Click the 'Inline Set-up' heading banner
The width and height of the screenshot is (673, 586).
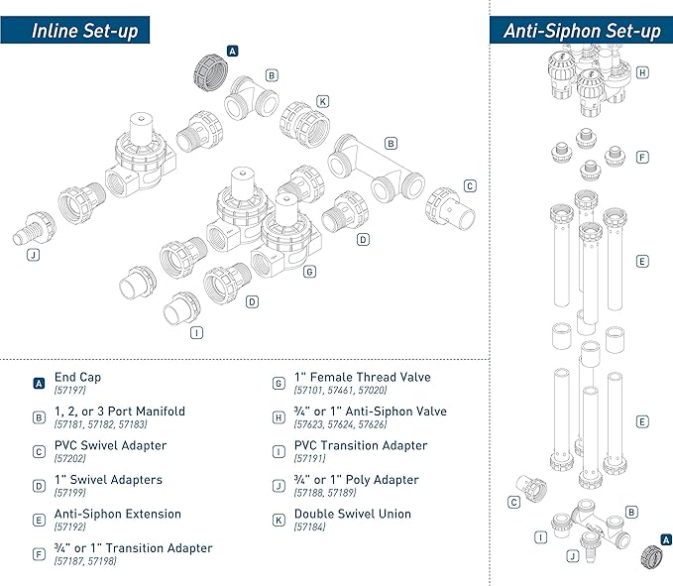(x=84, y=30)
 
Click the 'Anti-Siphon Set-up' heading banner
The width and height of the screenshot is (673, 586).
(x=582, y=30)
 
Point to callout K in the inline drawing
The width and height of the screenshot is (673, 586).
(x=322, y=101)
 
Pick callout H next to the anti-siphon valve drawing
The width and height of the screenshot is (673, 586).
(x=642, y=72)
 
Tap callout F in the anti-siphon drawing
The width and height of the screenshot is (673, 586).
(x=642, y=157)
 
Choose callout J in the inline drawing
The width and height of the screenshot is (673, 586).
(x=34, y=254)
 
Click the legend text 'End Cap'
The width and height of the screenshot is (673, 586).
(x=77, y=378)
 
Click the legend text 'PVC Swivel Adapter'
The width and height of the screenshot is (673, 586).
(x=109, y=446)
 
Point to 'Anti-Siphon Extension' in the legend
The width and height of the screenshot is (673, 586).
(x=117, y=515)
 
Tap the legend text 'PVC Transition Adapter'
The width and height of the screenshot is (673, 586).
(x=361, y=446)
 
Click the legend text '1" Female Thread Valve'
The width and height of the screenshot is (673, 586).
(x=363, y=378)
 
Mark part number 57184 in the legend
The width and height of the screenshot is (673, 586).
(x=311, y=527)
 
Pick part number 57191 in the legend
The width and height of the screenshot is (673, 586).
(x=311, y=459)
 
